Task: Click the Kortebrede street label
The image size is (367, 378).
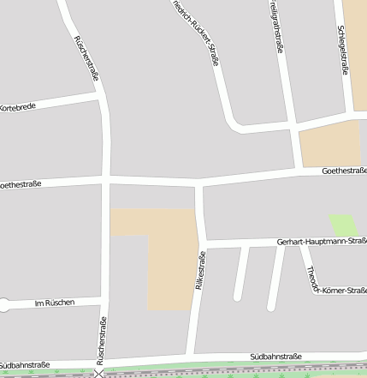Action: coord(17,108)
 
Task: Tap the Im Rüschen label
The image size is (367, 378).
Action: coord(55,303)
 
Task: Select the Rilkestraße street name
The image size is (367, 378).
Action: coord(200,273)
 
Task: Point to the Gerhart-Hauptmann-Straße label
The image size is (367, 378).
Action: coord(321,242)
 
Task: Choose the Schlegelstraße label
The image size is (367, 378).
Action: coord(343,50)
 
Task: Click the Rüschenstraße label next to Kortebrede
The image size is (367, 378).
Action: coord(86,58)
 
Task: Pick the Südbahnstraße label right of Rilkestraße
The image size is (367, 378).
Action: coord(275,355)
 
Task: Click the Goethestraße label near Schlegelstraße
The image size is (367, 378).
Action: coord(344,171)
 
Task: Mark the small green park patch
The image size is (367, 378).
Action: coord(343,225)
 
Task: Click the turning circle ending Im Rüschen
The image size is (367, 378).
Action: coord(6,303)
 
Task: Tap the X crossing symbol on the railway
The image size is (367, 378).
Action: coord(100,373)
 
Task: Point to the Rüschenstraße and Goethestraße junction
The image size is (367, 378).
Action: coord(106,180)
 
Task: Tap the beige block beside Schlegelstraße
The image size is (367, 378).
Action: coord(329,142)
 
